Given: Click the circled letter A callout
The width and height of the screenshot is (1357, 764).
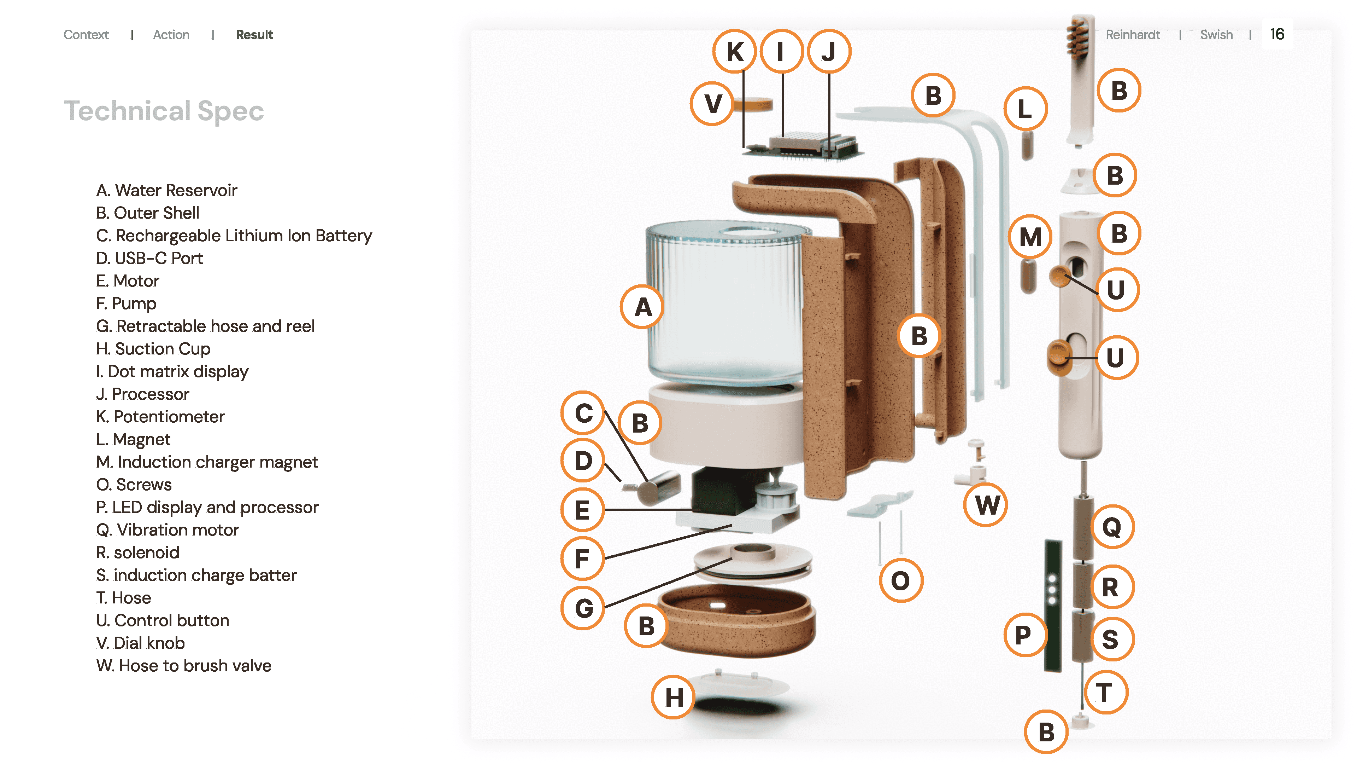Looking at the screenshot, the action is pyautogui.click(x=642, y=307).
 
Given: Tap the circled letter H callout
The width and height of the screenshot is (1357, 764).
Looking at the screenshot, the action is pyautogui.click(x=674, y=697).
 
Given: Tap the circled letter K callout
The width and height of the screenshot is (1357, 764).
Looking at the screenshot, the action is pyautogui.click(x=735, y=51).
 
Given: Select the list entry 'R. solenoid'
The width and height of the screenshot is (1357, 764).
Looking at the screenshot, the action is pyautogui.click(x=138, y=552).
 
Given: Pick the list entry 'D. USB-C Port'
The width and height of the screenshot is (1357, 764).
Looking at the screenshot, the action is pyautogui.click(x=149, y=258).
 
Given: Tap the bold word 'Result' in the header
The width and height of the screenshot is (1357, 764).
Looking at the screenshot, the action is pyautogui.click(x=254, y=35).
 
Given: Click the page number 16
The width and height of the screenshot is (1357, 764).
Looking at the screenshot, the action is pyautogui.click(x=1277, y=34).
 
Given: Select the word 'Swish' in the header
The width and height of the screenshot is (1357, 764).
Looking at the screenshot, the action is pyautogui.click(x=1216, y=35).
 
